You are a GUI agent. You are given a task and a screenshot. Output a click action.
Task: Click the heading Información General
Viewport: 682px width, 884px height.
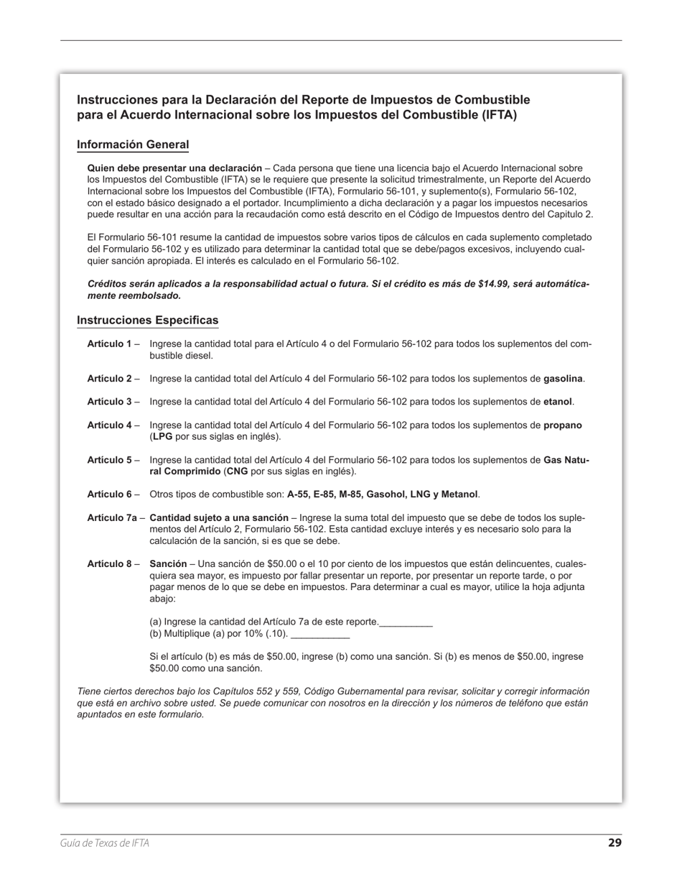point(133,144)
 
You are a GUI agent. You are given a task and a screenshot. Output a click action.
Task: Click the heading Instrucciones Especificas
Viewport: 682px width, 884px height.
point(147,320)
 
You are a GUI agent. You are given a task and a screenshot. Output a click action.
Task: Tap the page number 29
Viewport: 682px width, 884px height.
point(615,843)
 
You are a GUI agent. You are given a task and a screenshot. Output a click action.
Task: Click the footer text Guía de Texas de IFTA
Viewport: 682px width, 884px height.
point(105,843)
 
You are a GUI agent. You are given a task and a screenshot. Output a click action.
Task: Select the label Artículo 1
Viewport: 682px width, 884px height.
point(109,344)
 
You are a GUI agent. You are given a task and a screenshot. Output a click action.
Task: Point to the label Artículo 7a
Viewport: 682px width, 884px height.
point(111,517)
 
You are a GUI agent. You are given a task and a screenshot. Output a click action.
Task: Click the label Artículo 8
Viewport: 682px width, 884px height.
point(109,564)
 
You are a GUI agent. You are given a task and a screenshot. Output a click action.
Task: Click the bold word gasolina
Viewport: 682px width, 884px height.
point(564,379)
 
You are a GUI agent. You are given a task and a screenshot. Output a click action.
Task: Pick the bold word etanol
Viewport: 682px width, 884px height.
point(558,402)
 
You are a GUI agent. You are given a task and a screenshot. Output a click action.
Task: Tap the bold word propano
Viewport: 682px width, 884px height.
point(562,425)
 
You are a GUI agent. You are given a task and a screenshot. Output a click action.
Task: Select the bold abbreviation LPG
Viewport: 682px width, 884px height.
point(162,437)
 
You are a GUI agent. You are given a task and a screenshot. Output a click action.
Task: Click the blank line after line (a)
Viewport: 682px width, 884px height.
point(406,622)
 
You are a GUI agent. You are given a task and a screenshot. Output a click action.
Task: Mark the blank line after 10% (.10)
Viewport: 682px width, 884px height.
point(320,634)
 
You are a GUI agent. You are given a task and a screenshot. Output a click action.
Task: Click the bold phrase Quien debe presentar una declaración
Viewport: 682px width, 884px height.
point(174,168)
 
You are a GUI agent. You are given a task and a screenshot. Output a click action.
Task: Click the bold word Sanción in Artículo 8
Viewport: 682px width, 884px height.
point(168,564)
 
